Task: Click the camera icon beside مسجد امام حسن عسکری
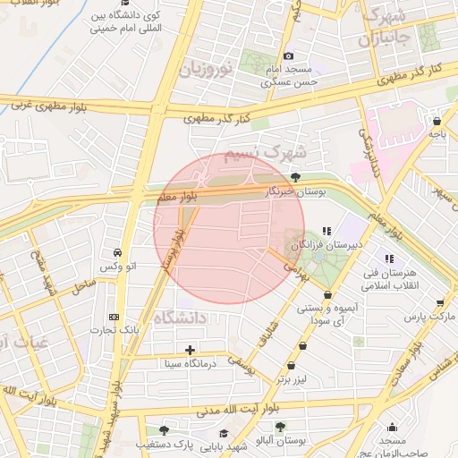pos(288,57)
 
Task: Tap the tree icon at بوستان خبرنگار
pos(295,177)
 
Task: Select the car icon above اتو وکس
pos(117,253)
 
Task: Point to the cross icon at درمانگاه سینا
pos(190,350)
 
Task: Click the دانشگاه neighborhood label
pos(179,318)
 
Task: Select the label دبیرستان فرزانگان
pos(331,244)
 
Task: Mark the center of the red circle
pos(229,229)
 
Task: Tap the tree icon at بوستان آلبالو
pos(281,427)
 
